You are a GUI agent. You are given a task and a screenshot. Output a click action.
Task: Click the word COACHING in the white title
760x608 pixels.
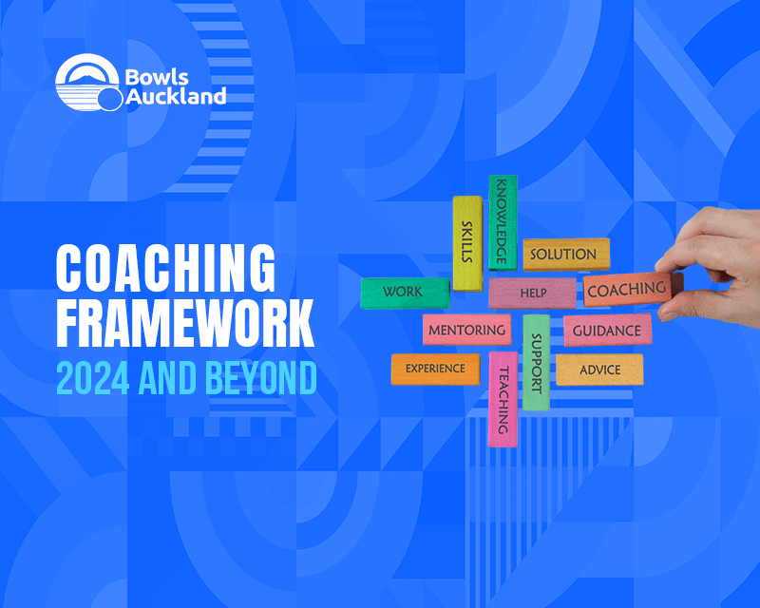pyautogui.click(x=165, y=268)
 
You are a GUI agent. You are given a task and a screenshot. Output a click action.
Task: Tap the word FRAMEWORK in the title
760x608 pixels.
pyautogui.click(x=185, y=323)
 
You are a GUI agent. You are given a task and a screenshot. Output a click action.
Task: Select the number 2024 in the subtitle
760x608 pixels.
pyautogui.click(x=93, y=378)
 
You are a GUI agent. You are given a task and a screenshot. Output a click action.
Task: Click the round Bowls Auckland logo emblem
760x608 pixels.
pyautogui.click(x=88, y=83)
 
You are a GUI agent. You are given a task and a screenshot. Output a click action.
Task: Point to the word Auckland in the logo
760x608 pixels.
pyautogui.click(x=176, y=96)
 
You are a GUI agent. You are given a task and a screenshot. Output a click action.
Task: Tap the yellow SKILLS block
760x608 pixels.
pyautogui.click(x=467, y=243)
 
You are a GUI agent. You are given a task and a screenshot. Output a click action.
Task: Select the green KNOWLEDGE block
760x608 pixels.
pyautogui.click(x=503, y=222)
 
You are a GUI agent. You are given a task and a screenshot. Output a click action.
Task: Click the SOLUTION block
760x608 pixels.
pyautogui.click(x=566, y=254)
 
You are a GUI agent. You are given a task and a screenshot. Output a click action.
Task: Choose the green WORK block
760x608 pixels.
pyautogui.click(x=406, y=293)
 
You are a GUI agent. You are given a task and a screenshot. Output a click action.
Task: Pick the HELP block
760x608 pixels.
pyautogui.click(x=532, y=293)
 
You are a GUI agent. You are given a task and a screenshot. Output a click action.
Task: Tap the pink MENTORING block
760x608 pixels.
pyautogui.click(x=466, y=330)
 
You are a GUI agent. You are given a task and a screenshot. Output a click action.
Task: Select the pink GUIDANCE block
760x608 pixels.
pyautogui.click(x=607, y=331)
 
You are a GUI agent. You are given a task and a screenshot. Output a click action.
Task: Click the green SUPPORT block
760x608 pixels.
pyautogui.click(x=536, y=362)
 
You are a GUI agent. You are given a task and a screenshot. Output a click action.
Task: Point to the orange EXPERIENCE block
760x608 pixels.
pyautogui.click(x=435, y=369)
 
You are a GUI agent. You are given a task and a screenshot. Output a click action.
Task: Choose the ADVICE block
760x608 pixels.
pyautogui.click(x=599, y=370)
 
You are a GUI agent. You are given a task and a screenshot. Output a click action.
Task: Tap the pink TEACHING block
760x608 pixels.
pyautogui.click(x=503, y=399)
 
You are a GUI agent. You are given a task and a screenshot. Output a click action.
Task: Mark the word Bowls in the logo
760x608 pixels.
pyautogui.click(x=157, y=78)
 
